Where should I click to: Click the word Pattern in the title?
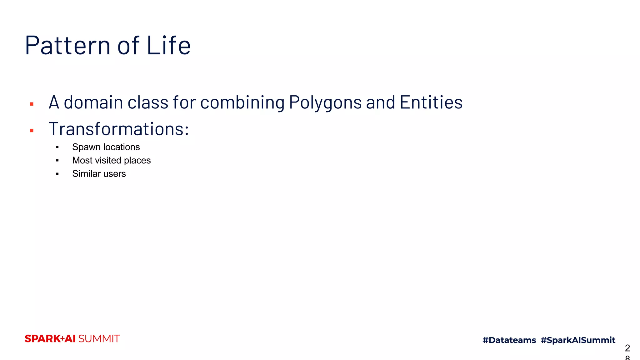(x=67, y=45)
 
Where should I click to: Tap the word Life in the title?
(x=168, y=45)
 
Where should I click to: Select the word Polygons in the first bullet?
(x=325, y=102)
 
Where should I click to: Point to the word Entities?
(x=431, y=102)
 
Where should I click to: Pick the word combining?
(x=242, y=102)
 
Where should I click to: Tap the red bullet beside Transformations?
(x=32, y=131)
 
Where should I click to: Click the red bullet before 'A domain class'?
(x=32, y=104)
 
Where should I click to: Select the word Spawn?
(x=86, y=147)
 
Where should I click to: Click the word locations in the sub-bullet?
(x=122, y=147)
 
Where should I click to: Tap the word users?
(x=115, y=174)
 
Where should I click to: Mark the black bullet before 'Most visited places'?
(x=57, y=161)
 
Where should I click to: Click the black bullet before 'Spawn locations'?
(x=57, y=147)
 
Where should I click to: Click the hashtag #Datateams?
(x=509, y=340)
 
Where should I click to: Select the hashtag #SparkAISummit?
(x=578, y=340)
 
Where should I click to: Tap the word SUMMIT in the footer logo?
(x=99, y=339)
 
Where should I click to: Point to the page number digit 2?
(x=627, y=348)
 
